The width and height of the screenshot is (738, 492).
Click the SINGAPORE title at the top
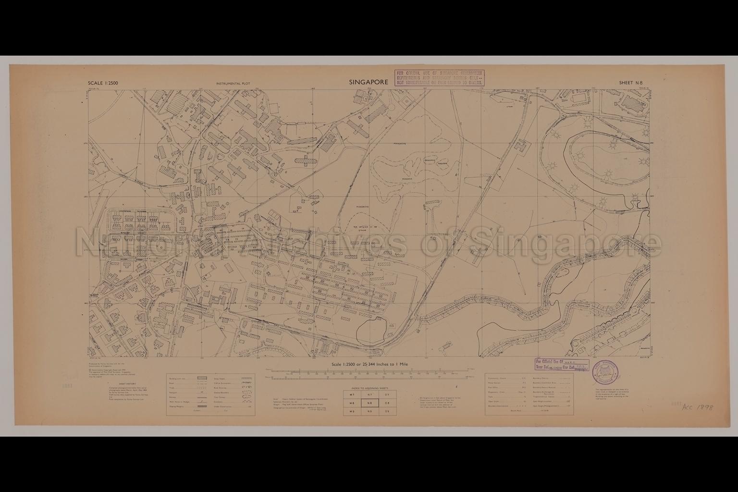[x=369, y=82]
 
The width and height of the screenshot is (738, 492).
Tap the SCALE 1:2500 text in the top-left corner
[x=103, y=83]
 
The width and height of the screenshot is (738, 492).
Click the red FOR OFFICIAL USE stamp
[x=439, y=77]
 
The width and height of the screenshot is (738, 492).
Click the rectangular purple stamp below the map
[x=562, y=365]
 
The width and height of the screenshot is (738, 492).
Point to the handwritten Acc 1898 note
[x=697, y=407]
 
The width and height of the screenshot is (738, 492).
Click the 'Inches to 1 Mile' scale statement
[x=369, y=365]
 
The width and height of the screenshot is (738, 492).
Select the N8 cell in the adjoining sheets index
[x=369, y=403]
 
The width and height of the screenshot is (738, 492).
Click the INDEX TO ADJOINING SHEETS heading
[x=369, y=388]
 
